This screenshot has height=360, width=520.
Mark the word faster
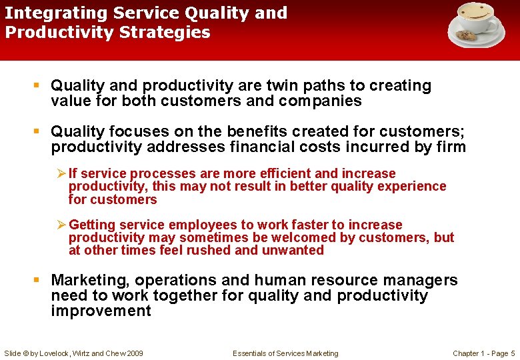(285, 225)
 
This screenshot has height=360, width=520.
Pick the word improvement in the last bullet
(101, 311)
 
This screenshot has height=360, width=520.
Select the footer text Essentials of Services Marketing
(285, 353)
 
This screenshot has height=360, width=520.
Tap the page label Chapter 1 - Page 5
(483, 353)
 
